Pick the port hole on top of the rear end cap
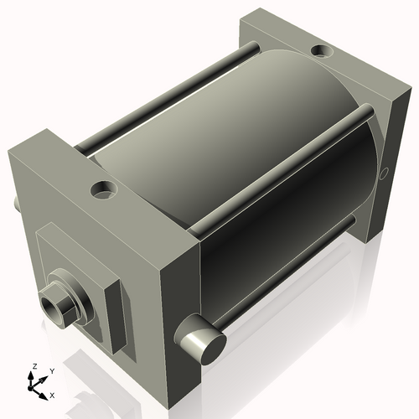tap(321, 52)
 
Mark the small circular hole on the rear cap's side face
tap(385, 173)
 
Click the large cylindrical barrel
tap(218, 168)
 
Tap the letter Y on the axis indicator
tap(51, 370)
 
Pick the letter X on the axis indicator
tap(52, 394)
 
